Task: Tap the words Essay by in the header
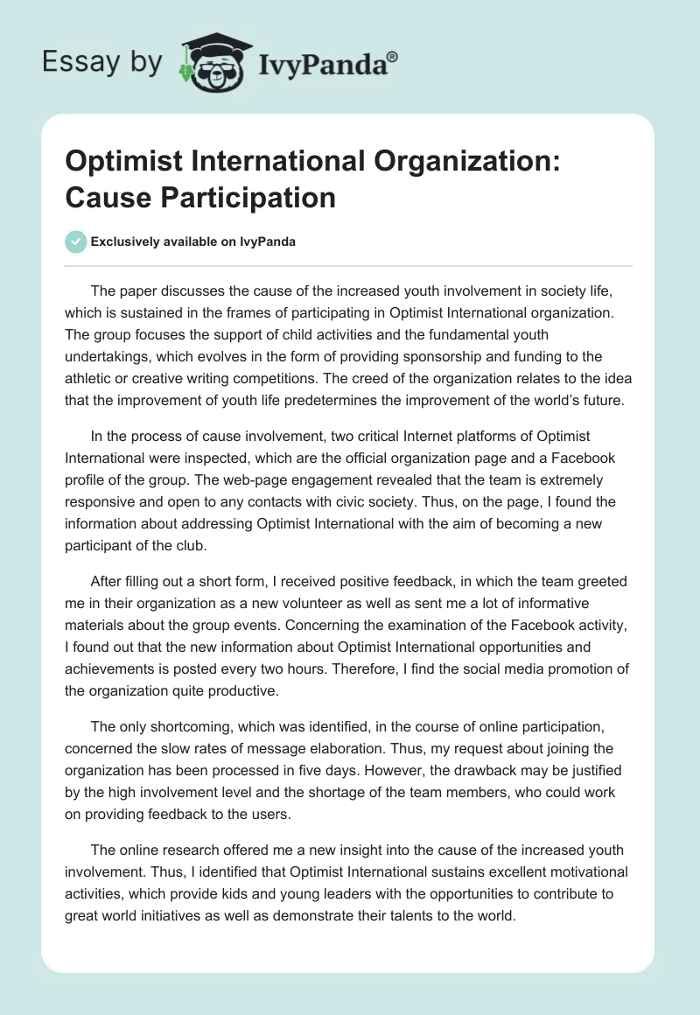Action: click(x=101, y=62)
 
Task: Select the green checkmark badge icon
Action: click(x=76, y=241)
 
